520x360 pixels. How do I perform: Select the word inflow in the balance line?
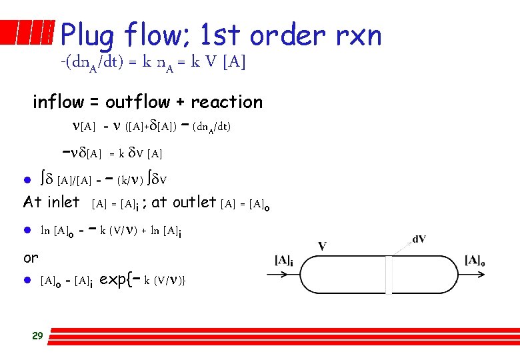pos(58,102)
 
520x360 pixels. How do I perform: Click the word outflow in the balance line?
pos(139,102)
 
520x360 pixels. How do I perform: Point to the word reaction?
pos(227,102)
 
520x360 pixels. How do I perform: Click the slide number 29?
pos(37,335)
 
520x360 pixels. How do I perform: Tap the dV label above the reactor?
pos(419,239)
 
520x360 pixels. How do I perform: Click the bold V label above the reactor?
pos(322,246)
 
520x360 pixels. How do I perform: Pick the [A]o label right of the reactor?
pos(475,260)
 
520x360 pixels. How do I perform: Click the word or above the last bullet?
pos(31,257)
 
